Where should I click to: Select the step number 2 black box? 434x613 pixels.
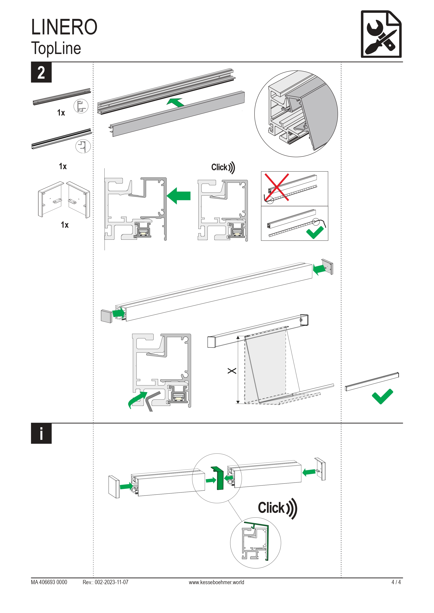coord(41,72)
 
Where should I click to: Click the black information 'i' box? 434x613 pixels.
coord(41,434)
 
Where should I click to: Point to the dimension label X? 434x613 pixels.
coord(232,371)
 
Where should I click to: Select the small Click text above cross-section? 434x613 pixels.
coord(223,167)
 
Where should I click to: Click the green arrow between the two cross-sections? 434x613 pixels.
coord(179,196)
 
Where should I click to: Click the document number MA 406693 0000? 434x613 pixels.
coord(49,582)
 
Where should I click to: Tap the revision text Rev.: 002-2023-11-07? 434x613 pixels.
coord(105,582)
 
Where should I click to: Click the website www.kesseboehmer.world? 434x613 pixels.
coord(216,582)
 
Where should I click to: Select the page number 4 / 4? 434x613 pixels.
coord(396,582)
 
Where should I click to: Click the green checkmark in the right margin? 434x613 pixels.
coord(382,396)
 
